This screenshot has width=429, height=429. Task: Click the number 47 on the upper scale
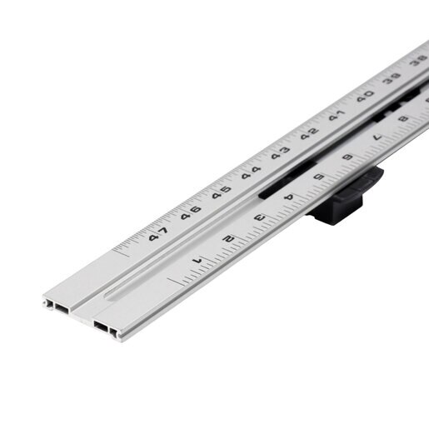tap(158, 234)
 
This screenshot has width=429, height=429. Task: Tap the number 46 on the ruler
tap(191, 212)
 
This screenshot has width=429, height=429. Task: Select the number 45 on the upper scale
tap(222, 192)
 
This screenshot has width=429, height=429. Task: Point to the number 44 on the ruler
tap(251, 172)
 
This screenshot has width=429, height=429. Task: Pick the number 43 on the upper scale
tap(280, 153)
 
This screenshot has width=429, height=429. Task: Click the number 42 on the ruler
tap(310, 133)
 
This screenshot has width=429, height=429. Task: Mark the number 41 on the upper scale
tap(337, 115)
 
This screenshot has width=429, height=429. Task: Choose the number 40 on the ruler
tap(366, 96)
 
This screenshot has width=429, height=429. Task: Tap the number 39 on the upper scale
tap(392, 78)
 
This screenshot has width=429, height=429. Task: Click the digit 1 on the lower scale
tap(197, 261)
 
